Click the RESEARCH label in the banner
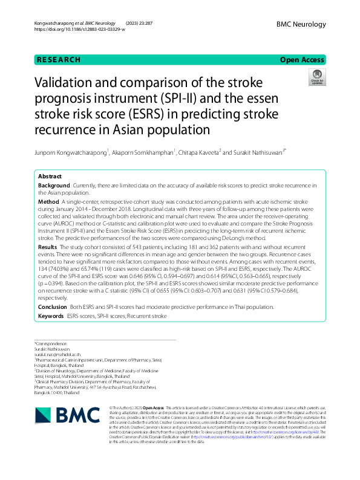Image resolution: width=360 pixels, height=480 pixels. pyautogui.click(x=59, y=60)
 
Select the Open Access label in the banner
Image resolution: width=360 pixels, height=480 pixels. pyautogui.click(x=302, y=60)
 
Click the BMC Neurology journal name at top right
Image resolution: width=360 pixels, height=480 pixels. pyautogui.click(x=301, y=24)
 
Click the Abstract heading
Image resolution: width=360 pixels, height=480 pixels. pyautogui.click(x=50, y=176)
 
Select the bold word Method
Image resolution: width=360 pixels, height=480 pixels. pyautogui.click(x=48, y=201)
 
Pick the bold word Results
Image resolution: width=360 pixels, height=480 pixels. pyautogui.click(x=48, y=247)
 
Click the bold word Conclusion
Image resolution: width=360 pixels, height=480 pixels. pyautogui.click(x=51, y=306)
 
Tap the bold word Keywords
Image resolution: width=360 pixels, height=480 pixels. pyautogui.click(x=51, y=316)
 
